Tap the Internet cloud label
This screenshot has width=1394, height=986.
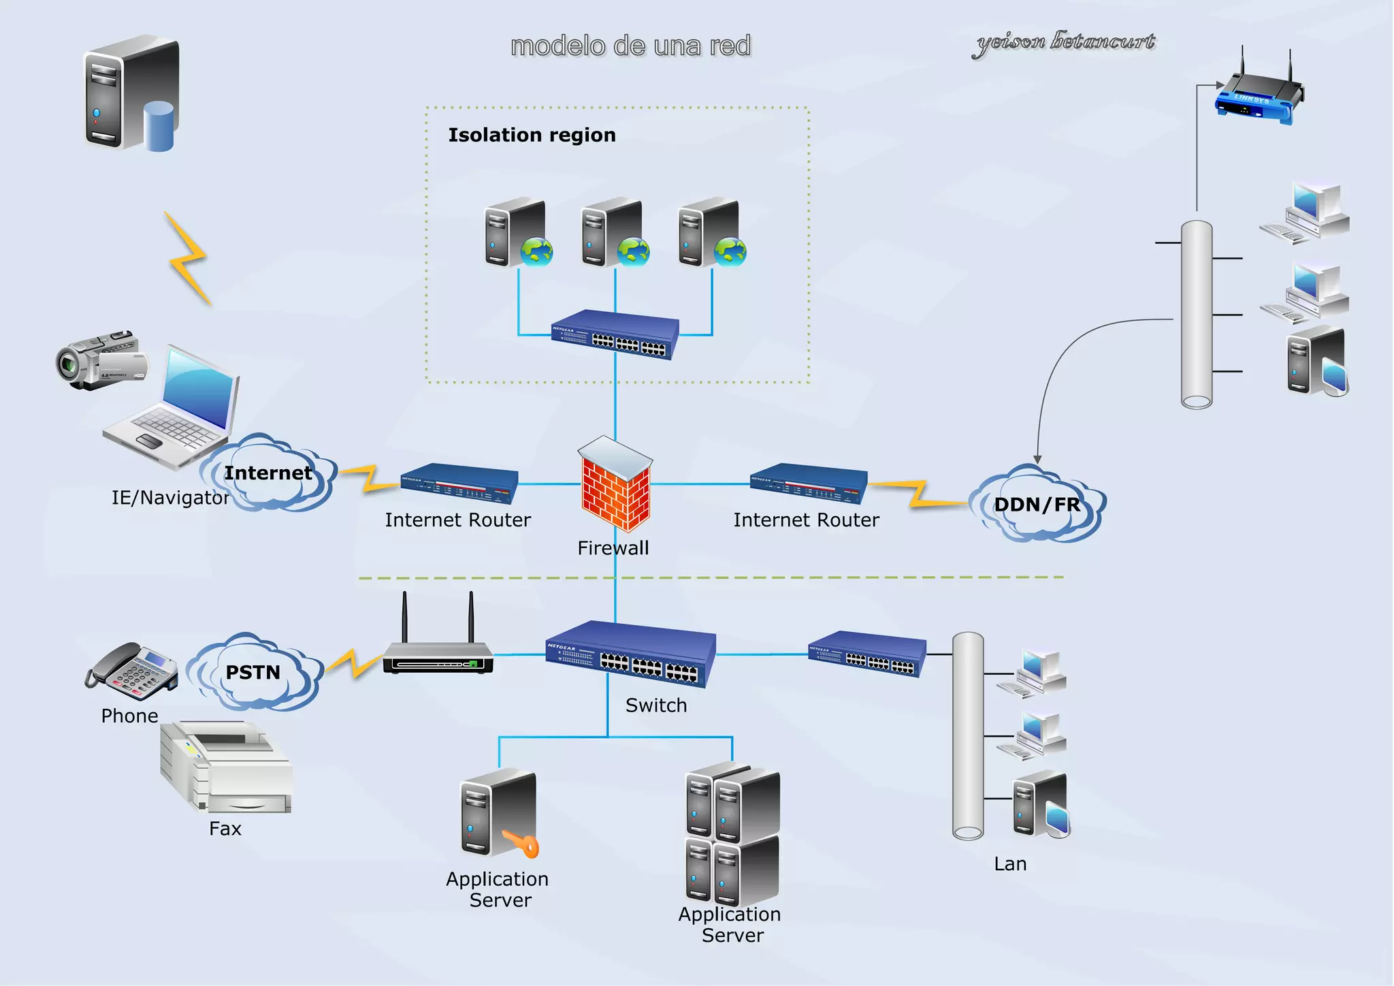click(268, 473)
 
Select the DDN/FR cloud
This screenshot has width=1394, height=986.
click(1037, 505)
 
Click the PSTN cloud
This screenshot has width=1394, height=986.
click(253, 672)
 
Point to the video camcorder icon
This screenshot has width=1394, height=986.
click(100, 362)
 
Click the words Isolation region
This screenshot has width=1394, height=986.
click(532, 135)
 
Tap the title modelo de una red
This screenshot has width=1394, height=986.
click(630, 46)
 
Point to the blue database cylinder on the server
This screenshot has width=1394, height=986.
click(159, 126)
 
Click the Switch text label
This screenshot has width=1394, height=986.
click(656, 705)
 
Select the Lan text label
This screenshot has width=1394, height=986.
click(1010, 864)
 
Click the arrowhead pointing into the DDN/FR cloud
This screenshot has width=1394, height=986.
click(1037, 460)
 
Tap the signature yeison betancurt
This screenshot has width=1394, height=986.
click(1065, 43)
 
